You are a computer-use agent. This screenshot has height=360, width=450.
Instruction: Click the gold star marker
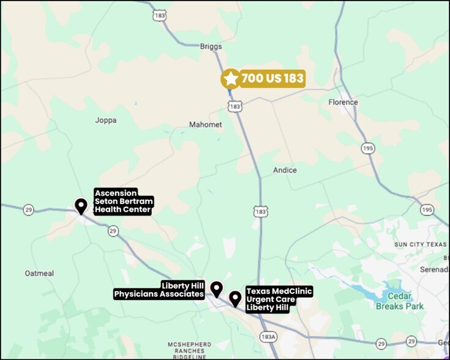point(230,78)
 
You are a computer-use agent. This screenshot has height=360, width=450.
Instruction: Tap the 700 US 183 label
point(272,78)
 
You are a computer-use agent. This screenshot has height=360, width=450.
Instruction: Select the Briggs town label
point(211,47)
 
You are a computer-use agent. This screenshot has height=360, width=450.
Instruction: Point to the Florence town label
point(343,102)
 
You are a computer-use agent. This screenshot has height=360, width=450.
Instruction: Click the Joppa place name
point(105,120)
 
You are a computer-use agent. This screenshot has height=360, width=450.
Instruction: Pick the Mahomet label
point(205,125)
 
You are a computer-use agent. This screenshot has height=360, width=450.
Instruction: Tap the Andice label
point(285,170)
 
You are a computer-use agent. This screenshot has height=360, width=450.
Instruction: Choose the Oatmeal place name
point(40,273)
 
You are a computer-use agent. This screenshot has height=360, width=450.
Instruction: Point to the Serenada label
point(434,269)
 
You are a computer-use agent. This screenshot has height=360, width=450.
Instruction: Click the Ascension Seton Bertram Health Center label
point(123,201)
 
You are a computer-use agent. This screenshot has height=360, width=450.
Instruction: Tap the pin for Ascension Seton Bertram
point(80,206)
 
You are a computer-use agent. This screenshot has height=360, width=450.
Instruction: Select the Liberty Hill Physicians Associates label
point(159,290)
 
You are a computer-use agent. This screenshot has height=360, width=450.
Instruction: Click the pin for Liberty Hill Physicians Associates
point(216,289)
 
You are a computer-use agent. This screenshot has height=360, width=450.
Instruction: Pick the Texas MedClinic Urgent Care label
point(279,299)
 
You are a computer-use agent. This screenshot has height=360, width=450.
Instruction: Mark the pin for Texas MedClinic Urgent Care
point(235,298)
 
